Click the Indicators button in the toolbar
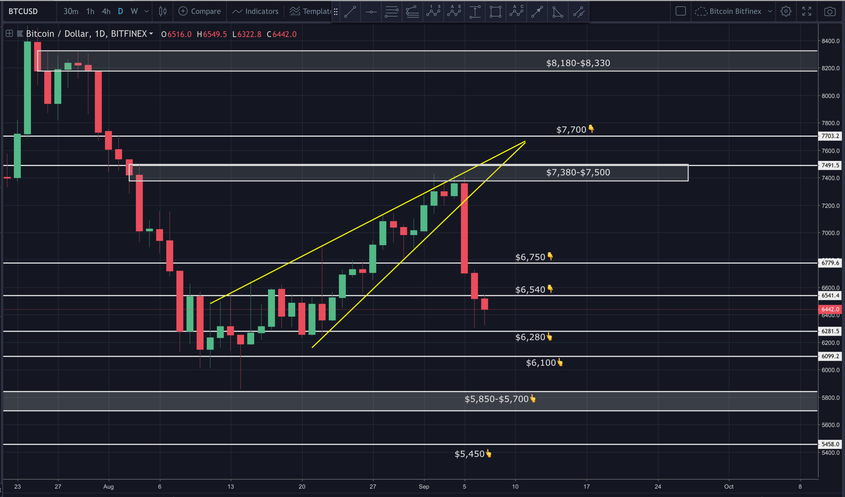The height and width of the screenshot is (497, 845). (x=256, y=11)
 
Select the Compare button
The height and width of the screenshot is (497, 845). (x=200, y=11)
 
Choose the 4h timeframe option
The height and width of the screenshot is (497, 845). (x=106, y=11)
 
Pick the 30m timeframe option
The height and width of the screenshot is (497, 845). (x=71, y=11)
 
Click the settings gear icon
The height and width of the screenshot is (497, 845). (x=786, y=11)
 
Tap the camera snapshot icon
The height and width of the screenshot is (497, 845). (x=830, y=11)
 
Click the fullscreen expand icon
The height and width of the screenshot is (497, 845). (x=807, y=11)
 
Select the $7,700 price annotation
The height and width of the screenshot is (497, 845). (x=571, y=130)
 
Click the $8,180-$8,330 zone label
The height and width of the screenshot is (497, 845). (x=578, y=63)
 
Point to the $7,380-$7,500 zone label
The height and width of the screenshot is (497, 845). (x=578, y=172)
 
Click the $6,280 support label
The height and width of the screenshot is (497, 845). (x=531, y=337)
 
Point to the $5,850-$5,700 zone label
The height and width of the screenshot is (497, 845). (x=497, y=399)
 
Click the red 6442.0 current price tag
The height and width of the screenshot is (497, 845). (x=830, y=309)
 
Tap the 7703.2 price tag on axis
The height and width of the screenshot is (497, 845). (x=830, y=136)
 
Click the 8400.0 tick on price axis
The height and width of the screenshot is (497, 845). (x=830, y=41)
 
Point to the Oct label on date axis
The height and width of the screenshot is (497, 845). (x=728, y=487)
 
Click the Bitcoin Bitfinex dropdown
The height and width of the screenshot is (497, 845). (x=734, y=11)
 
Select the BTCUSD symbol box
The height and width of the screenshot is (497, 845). (x=23, y=11)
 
